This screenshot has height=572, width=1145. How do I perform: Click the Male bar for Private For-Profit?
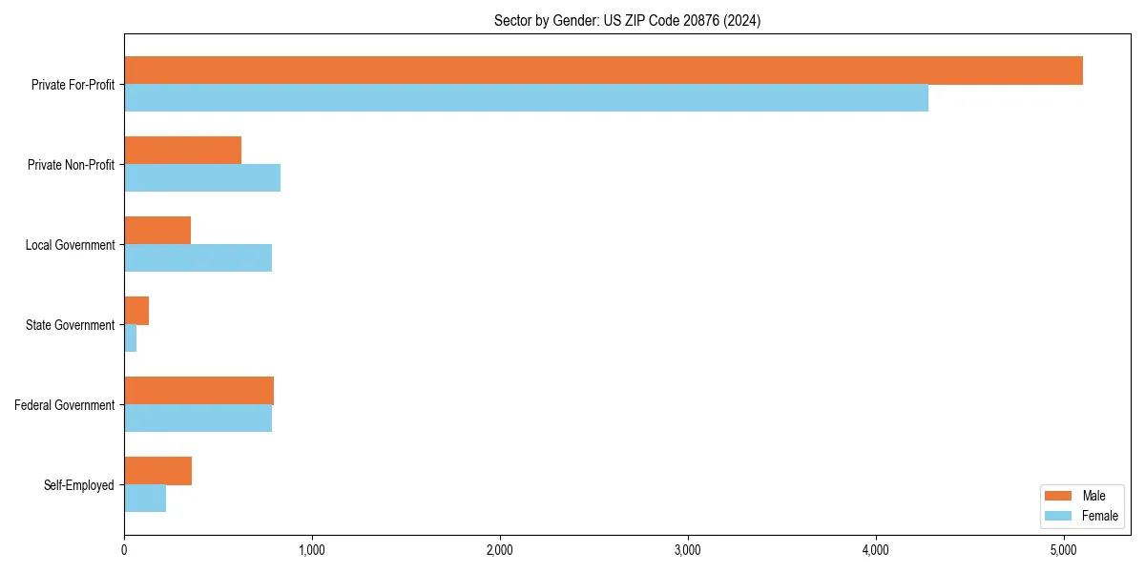(x=603, y=71)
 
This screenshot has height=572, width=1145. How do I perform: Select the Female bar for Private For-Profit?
(x=526, y=98)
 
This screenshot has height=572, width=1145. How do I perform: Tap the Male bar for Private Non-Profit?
(x=182, y=151)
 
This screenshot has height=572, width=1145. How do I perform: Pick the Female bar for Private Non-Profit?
(x=202, y=178)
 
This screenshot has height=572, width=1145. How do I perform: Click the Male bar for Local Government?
(x=157, y=231)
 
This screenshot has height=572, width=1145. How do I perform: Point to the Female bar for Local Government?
(x=198, y=258)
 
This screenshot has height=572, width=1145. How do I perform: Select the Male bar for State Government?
(x=136, y=311)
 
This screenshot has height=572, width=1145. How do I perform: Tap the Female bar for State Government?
(x=131, y=338)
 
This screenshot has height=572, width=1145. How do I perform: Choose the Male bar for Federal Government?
(x=198, y=391)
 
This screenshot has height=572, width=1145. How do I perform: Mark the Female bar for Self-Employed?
(x=145, y=499)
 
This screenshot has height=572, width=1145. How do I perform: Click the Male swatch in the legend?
(x=1059, y=496)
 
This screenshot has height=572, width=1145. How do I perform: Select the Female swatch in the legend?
(x=1059, y=516)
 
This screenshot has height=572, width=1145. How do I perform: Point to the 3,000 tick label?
(x=688, y=550)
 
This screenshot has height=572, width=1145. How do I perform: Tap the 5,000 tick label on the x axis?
(x=1064, y=550)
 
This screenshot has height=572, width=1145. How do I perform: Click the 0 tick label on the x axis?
(x=124, y=550)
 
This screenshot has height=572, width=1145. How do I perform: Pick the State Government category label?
(x=71, y=325)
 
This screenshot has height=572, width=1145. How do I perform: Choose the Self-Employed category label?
(x=79, y=485)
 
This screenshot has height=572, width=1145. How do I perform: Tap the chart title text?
(x=627, y=20)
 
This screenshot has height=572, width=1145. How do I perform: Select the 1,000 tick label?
(x=312, y=550)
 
